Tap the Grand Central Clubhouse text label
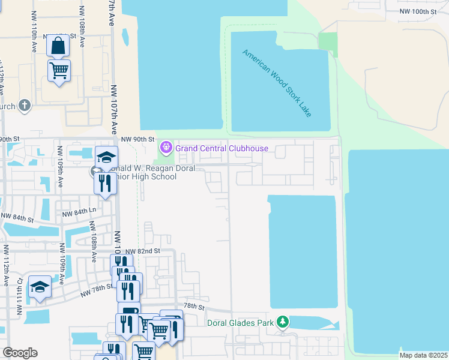pos(221,148)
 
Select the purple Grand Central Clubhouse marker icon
pos(166,147)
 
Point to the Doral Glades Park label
pos(240,323)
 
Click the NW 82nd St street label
pos(144,251)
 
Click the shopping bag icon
pos(58,45)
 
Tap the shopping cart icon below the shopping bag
pos(59,70)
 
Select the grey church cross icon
pos(25,106)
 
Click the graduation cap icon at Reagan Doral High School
pos(107,157)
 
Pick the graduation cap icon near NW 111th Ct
pos(40,286)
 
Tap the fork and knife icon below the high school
pos(106,182)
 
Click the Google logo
pos(20,353)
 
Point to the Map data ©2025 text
pos(423,355)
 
